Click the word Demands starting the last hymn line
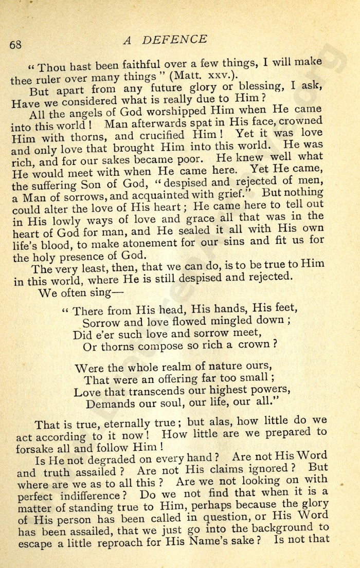[110, 404]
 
